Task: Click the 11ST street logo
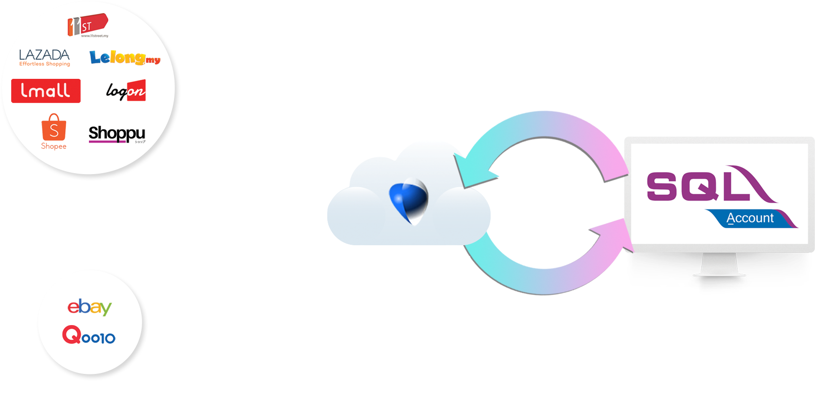point(87,25)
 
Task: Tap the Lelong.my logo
point(125,58)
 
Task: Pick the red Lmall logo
point(46,91)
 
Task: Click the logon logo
point(126,90)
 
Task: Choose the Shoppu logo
point(117,134)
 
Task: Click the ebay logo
point(89,307)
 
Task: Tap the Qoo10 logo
point(89,335)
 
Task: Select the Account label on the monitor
point(750,218)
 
